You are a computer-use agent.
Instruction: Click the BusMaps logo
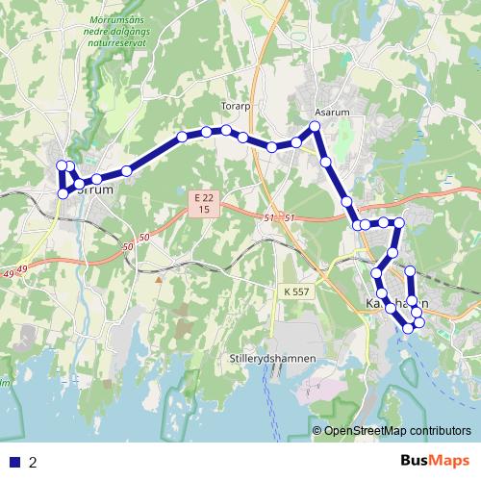click(x=434, y=461)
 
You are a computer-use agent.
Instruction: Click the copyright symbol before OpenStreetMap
click(x=317, y=431)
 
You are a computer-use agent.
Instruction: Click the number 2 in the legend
click(x=33, y=462)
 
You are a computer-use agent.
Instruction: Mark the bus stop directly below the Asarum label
click(x=316, y=127)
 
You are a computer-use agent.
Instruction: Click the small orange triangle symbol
click(x=158, y=280)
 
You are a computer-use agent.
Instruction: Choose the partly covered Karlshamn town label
click(x=390, y=303)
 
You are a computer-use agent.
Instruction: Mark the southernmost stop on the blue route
click(x=409, y=328)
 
